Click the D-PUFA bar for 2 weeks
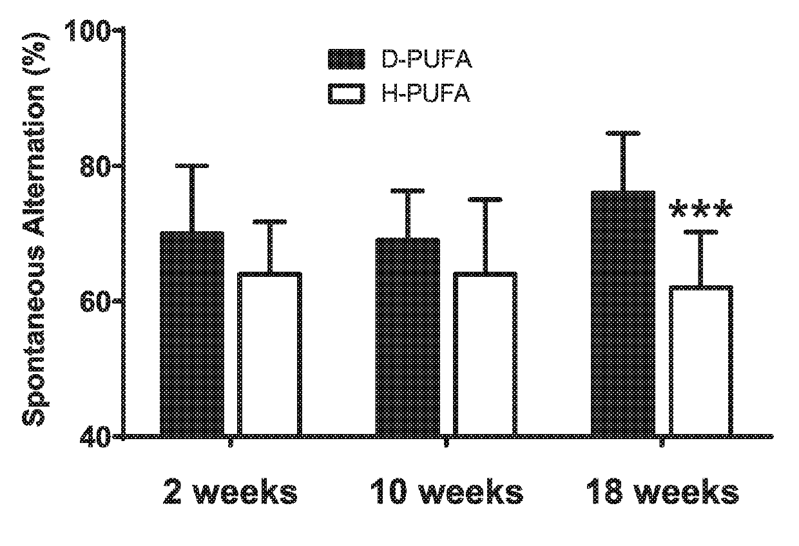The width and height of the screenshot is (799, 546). tap(192, 334)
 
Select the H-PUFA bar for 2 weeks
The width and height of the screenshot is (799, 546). tap(269, 354)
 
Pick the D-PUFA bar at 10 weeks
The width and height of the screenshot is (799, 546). tap(408, 337)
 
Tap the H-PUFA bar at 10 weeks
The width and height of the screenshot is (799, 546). tap(485, 354)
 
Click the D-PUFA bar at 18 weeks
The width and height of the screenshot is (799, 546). tap(623, 314)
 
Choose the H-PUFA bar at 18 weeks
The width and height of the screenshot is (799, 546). tap(701, 361)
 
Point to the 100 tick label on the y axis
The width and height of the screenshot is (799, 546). tap(88, 31)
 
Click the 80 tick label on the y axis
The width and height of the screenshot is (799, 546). tap(95, 165)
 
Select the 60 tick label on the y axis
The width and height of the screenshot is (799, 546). tap(95, 301)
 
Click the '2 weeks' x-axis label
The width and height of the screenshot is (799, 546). tap(230, 492)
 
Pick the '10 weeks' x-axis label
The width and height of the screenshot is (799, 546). tap(447, 492)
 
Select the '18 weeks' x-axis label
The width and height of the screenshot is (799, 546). tap(662, 492)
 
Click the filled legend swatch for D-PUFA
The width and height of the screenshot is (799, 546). tap(347, 59)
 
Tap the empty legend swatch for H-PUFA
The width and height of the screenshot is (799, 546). tap(347, 94)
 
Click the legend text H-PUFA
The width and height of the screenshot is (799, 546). tap(426, 94)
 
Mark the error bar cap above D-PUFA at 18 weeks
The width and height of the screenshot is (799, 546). tap(623, 133)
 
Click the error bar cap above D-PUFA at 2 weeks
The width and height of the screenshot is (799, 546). tap(192, 165)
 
